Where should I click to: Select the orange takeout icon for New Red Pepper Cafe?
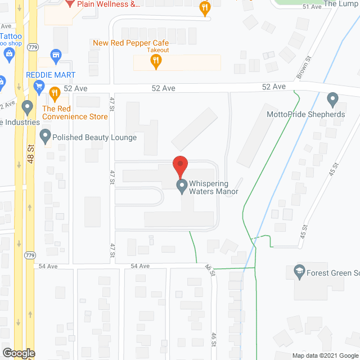click(157, 63)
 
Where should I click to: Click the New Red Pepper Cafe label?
click(130, 43)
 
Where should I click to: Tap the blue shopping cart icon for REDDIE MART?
click(39, 86)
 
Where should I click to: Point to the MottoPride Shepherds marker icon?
click(332, 100)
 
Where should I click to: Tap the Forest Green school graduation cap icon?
click(299, 273)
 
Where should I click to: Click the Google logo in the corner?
click(19, 353)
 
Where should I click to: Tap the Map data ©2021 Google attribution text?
click(325, 355)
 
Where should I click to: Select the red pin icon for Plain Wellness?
click(70, 3)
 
